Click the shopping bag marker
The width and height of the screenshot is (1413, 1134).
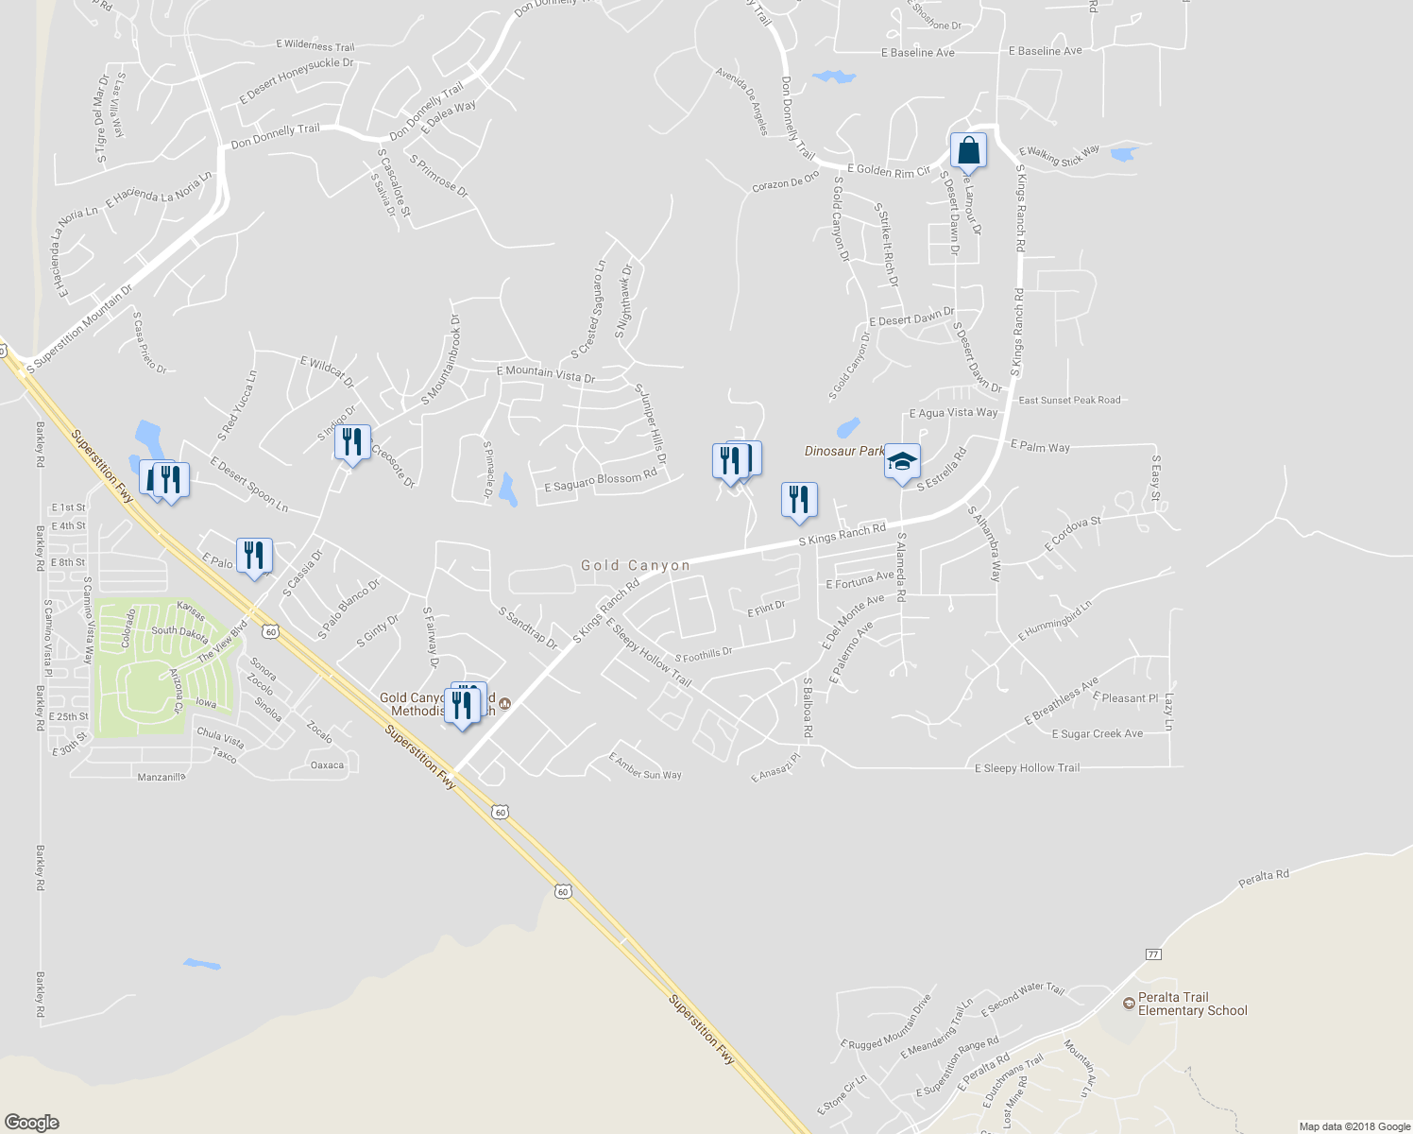coord(968,151)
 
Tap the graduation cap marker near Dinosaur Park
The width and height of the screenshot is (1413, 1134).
coord(902,462)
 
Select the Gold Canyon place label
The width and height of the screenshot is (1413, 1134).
coord(636,565)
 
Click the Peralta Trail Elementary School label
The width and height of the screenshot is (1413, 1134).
coord(1192,1004)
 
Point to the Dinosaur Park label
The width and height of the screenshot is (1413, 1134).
coord(843,451)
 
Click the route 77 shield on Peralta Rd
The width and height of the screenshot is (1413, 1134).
coord(1152,954)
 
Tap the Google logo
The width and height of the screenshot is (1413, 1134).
coord(32,1122)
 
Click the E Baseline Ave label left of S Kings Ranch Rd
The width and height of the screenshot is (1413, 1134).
coord(917,53)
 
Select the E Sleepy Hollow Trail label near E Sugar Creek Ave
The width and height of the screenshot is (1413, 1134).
coord(1027,768)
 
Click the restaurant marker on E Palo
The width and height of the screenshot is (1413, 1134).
coord(254,556)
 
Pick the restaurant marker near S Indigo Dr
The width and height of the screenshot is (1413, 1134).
coord(351,442)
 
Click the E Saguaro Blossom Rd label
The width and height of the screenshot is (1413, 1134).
coord(601,481)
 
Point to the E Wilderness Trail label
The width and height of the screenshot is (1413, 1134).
coord(315,45)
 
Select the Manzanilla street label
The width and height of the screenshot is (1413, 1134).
coord(162,777)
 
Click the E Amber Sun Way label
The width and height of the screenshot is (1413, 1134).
coord(645,766)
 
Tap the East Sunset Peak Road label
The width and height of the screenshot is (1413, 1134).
coord(1069,401)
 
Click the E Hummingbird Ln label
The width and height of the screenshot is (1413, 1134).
coord(1054,621)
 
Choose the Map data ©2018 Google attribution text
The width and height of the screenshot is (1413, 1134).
coord(1354,1126)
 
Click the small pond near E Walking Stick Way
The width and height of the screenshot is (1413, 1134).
coord(1124,153)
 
